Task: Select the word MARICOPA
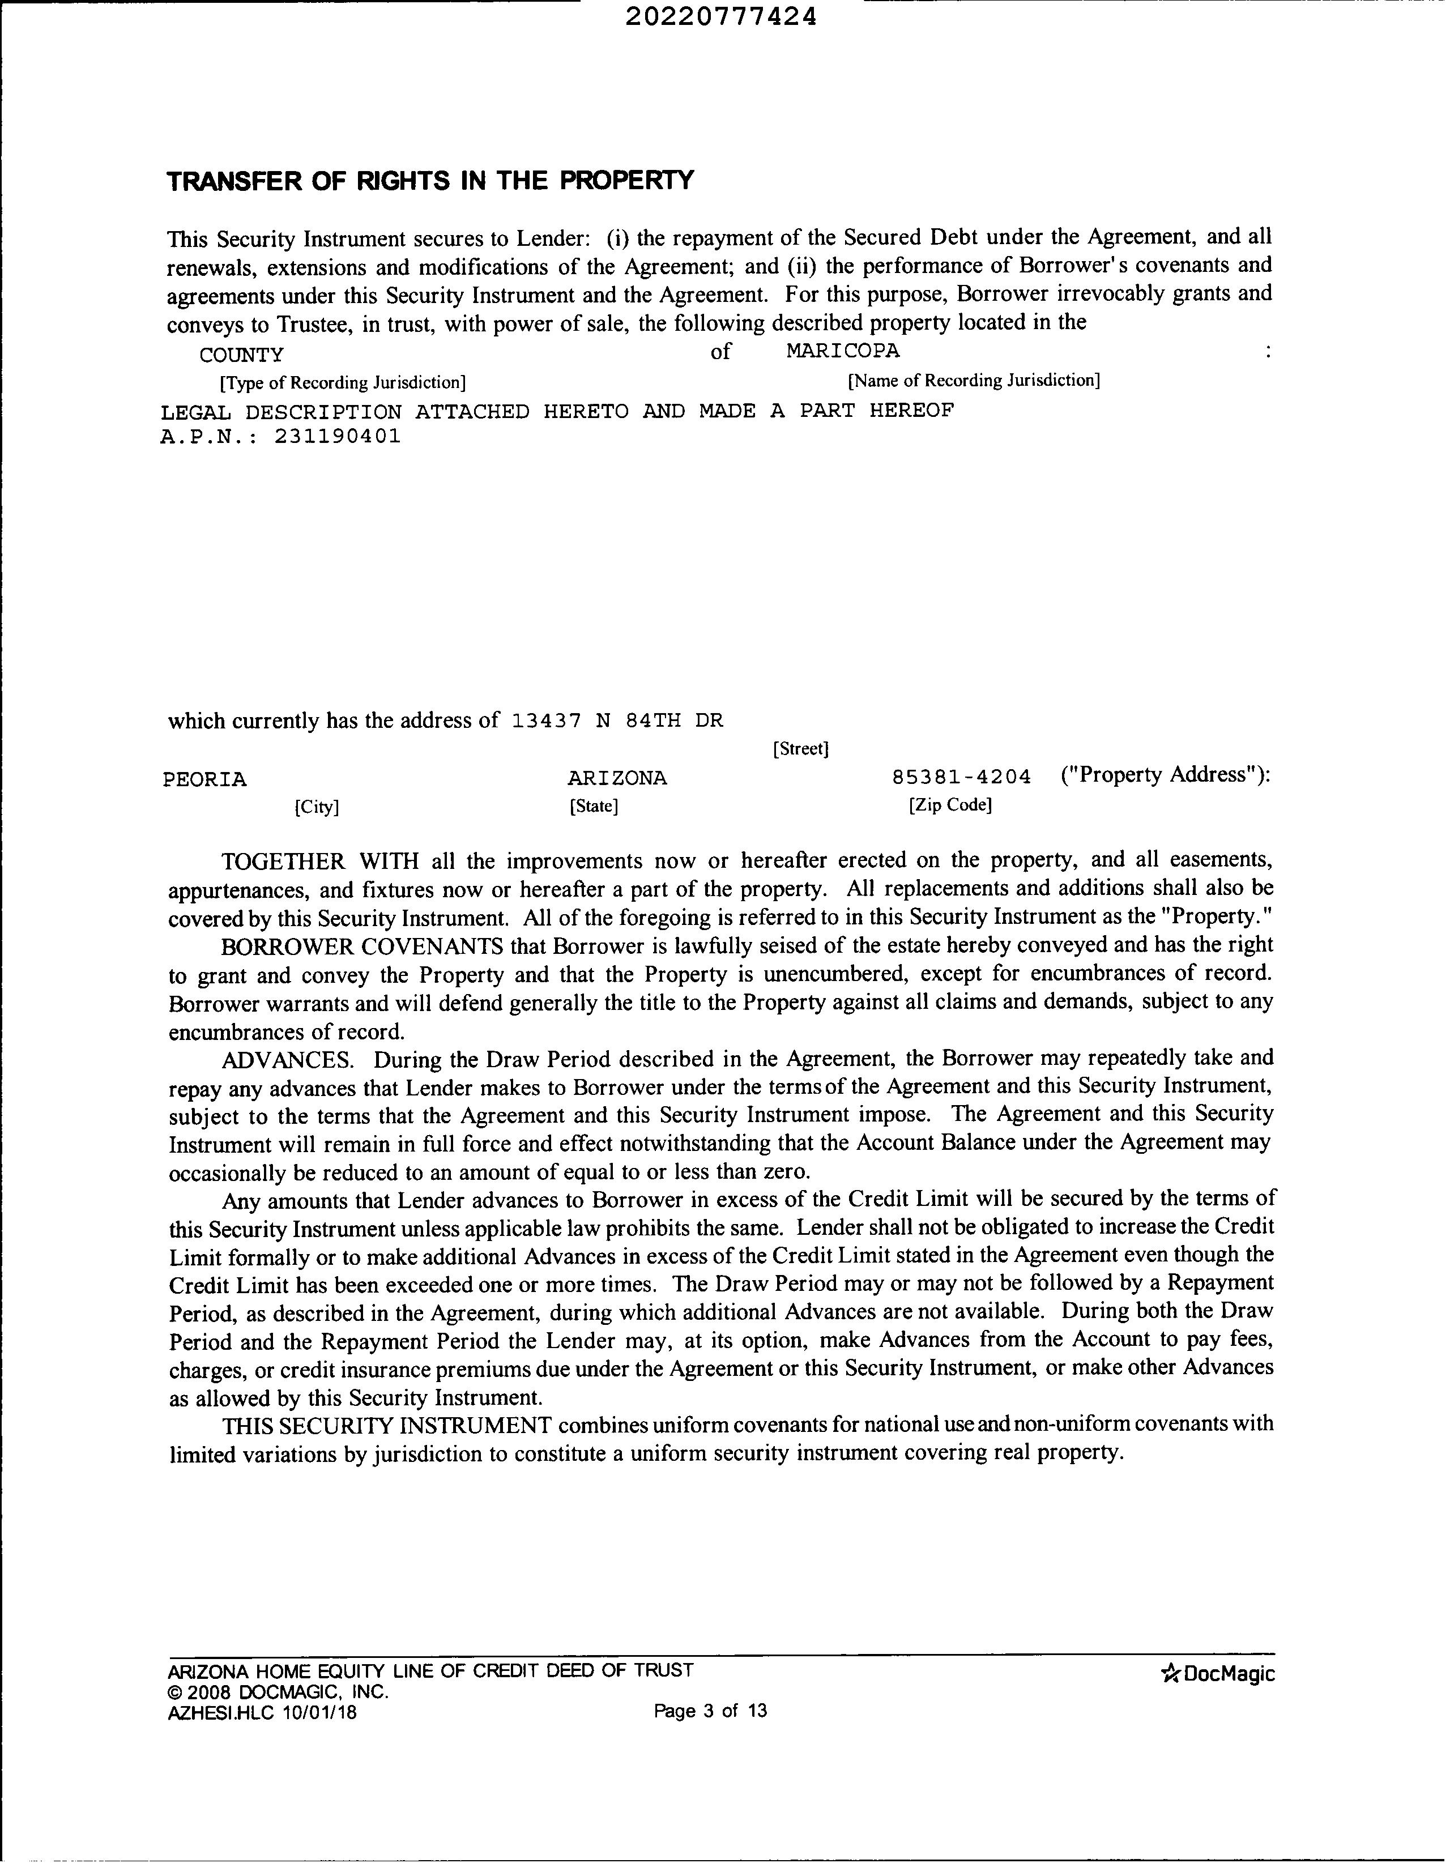842,351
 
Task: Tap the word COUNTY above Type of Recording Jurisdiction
241,355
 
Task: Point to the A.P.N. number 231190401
338,436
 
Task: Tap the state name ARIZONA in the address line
617,778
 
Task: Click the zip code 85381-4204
961,777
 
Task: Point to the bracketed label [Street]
800,749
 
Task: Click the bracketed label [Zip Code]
950,805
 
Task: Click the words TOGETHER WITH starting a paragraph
319,861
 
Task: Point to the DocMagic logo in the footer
1217,1673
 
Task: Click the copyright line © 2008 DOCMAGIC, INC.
278,1692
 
